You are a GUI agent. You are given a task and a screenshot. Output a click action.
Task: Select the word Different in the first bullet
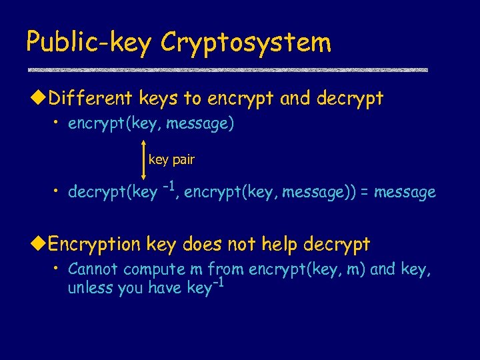tap(91, 99)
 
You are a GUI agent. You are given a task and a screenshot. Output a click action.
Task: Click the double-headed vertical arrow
tap(143, 161)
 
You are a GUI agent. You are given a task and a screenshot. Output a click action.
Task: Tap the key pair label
tap(171, 160)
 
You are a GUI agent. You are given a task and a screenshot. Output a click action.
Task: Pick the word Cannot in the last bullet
tap(93, 270)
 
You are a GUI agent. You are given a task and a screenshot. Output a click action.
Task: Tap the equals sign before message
tap(365, 193)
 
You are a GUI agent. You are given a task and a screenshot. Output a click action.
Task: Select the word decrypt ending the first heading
tap(350, 99)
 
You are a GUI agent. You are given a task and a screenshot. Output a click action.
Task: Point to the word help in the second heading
tap(279, 244)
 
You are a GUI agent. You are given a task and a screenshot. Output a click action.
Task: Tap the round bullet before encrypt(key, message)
tap(58, 124)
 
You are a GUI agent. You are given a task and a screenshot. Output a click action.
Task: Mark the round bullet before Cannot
tap(58, 269)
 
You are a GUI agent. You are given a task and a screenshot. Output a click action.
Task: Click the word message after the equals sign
tap(405, 193)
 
